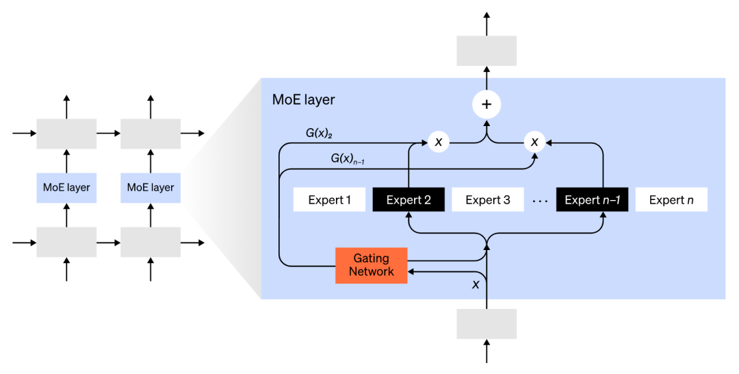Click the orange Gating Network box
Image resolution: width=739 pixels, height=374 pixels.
(371, 265)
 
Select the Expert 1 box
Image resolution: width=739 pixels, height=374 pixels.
(329, 200)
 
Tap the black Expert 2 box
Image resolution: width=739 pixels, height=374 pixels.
(409, 200)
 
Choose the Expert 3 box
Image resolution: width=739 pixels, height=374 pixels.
(488, 200)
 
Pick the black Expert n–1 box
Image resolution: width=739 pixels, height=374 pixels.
(592, 200)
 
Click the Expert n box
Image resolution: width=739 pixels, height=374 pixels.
(671, 200)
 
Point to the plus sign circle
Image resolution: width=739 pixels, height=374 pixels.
(487, 105)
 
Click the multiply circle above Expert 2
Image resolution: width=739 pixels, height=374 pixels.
(439, 142)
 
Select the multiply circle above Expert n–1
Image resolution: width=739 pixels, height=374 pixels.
(535, 142)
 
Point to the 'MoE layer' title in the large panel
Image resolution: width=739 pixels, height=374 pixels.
(303, 100)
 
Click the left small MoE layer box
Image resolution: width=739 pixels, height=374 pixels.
(66, 187)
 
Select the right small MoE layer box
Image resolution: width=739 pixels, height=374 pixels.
(151, 187)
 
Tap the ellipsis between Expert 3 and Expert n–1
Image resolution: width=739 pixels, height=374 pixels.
(540, 201)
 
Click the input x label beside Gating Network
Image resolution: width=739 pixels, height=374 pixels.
(476, 284)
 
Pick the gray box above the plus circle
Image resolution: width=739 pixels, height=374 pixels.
(487, 51)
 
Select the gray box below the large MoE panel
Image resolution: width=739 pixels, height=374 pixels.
(487, 323)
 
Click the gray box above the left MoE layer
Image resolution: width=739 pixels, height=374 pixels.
(66, 134)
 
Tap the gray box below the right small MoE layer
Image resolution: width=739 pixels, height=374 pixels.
(151, 242)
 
